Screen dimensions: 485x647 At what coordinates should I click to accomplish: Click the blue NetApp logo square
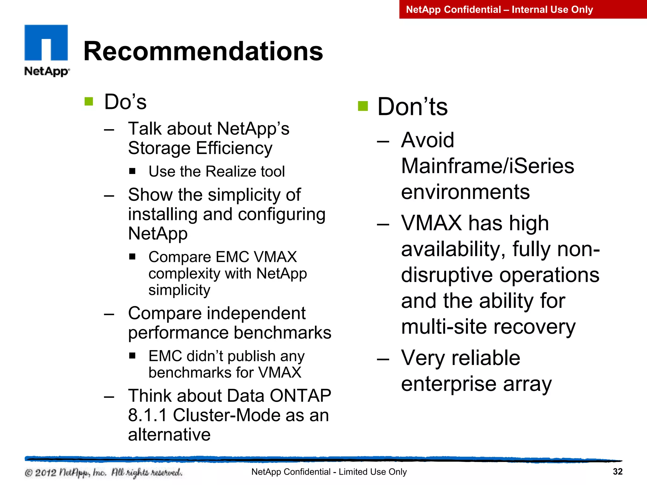(46, 43)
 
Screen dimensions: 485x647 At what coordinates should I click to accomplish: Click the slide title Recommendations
(203, 51)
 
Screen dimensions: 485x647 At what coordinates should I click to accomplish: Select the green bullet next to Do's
(89, 102)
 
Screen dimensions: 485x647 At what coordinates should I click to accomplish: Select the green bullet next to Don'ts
(363, 106)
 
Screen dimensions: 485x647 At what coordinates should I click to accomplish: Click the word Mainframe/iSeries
(487, 166)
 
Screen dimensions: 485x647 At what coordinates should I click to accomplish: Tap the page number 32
(617, 471)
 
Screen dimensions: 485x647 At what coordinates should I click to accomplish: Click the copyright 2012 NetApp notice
(103, 472)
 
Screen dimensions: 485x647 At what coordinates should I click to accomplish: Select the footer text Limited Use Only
(372, 472)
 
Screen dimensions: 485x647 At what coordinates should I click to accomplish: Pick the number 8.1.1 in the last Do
(147, 415)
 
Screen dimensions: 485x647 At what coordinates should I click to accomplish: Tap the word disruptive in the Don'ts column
(447, 275)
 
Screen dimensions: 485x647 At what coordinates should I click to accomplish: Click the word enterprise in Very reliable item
(449, 384)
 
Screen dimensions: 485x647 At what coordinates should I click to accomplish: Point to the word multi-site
(443, 327)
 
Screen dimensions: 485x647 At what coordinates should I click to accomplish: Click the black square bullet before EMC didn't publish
(132, 356)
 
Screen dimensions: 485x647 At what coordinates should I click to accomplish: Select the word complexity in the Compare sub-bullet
(184, 274)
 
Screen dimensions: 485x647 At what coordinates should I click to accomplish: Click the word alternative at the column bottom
(169, 435)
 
